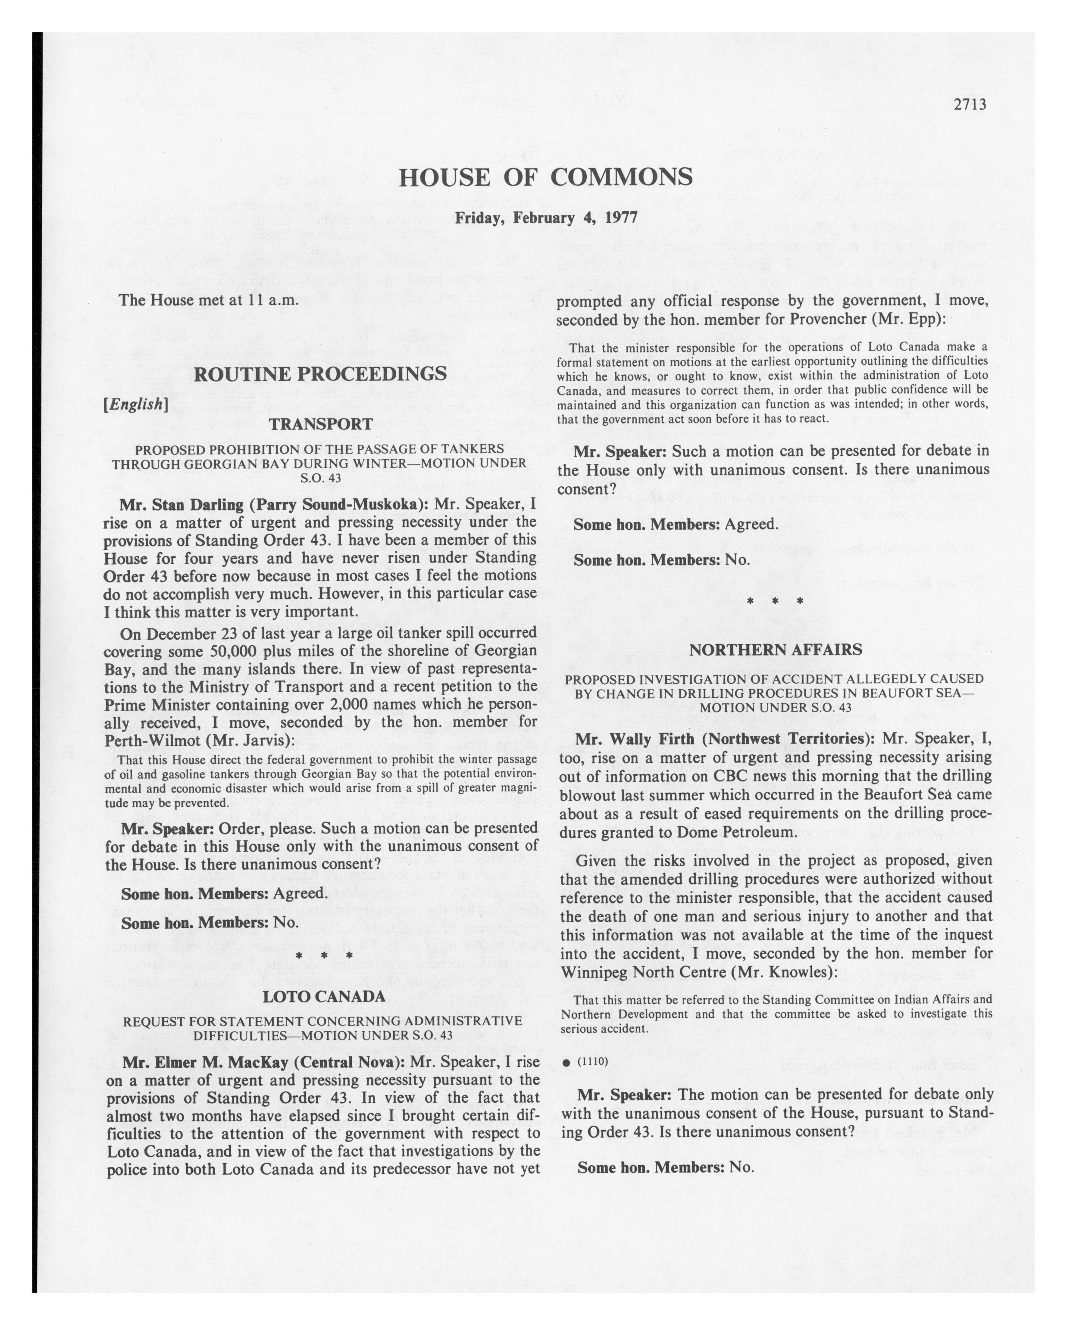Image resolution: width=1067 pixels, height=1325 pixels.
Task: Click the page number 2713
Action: click(970, 105)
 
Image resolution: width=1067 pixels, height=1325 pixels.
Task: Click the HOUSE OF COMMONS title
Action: click(545, 177)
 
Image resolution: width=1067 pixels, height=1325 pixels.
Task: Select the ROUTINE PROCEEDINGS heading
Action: click(320, 373)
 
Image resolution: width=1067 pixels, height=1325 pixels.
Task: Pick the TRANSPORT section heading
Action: click(320, 424)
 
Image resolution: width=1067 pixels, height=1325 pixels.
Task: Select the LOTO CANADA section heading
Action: click(324, 997)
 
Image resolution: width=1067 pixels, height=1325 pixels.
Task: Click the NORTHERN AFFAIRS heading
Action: click(775, 650)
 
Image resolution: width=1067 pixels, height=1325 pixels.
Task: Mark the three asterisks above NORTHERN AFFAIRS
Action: click(774, 601)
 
